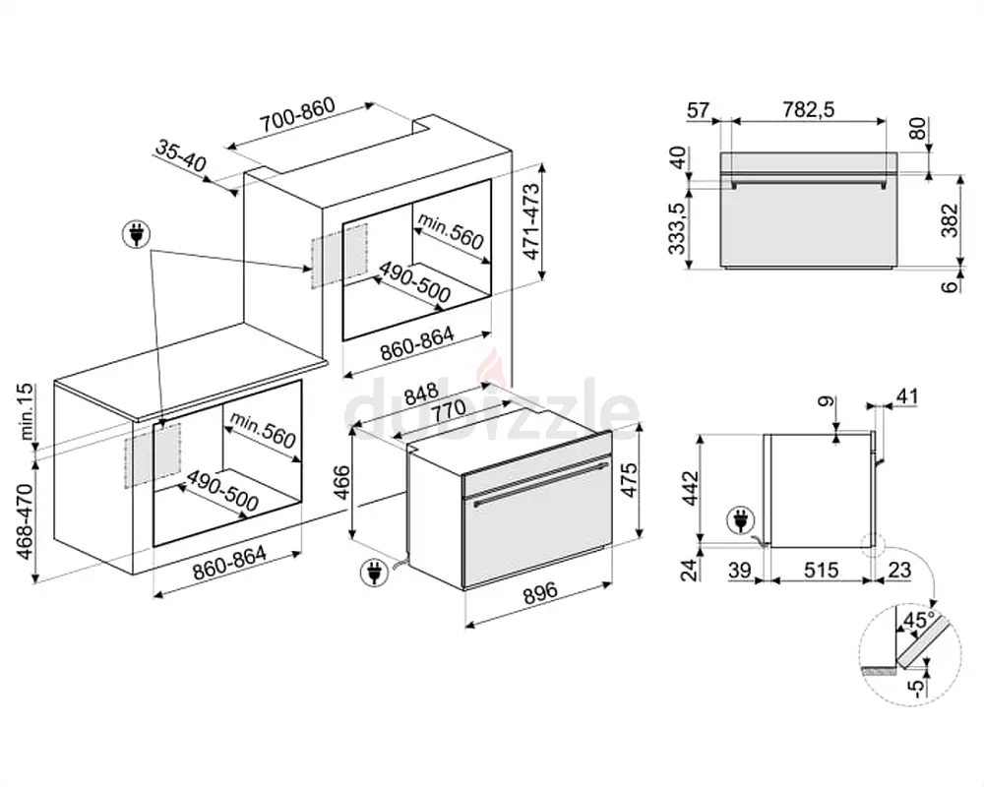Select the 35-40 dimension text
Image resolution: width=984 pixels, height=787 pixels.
179,155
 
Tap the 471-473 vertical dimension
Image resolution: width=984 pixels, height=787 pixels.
532,222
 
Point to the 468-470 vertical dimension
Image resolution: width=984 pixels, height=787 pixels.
27,521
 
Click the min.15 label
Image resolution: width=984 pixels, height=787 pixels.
27,410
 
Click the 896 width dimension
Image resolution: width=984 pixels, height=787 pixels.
539,592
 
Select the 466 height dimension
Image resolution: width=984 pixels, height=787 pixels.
340,483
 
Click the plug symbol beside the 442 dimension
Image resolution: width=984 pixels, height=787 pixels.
737,518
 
